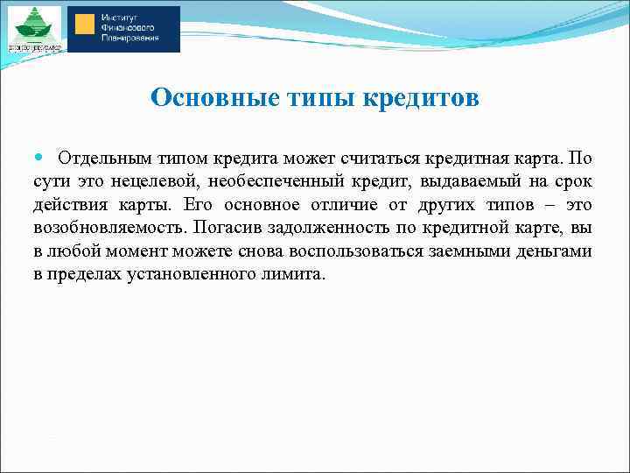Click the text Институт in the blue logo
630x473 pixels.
120,17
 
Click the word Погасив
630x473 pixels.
224,228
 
